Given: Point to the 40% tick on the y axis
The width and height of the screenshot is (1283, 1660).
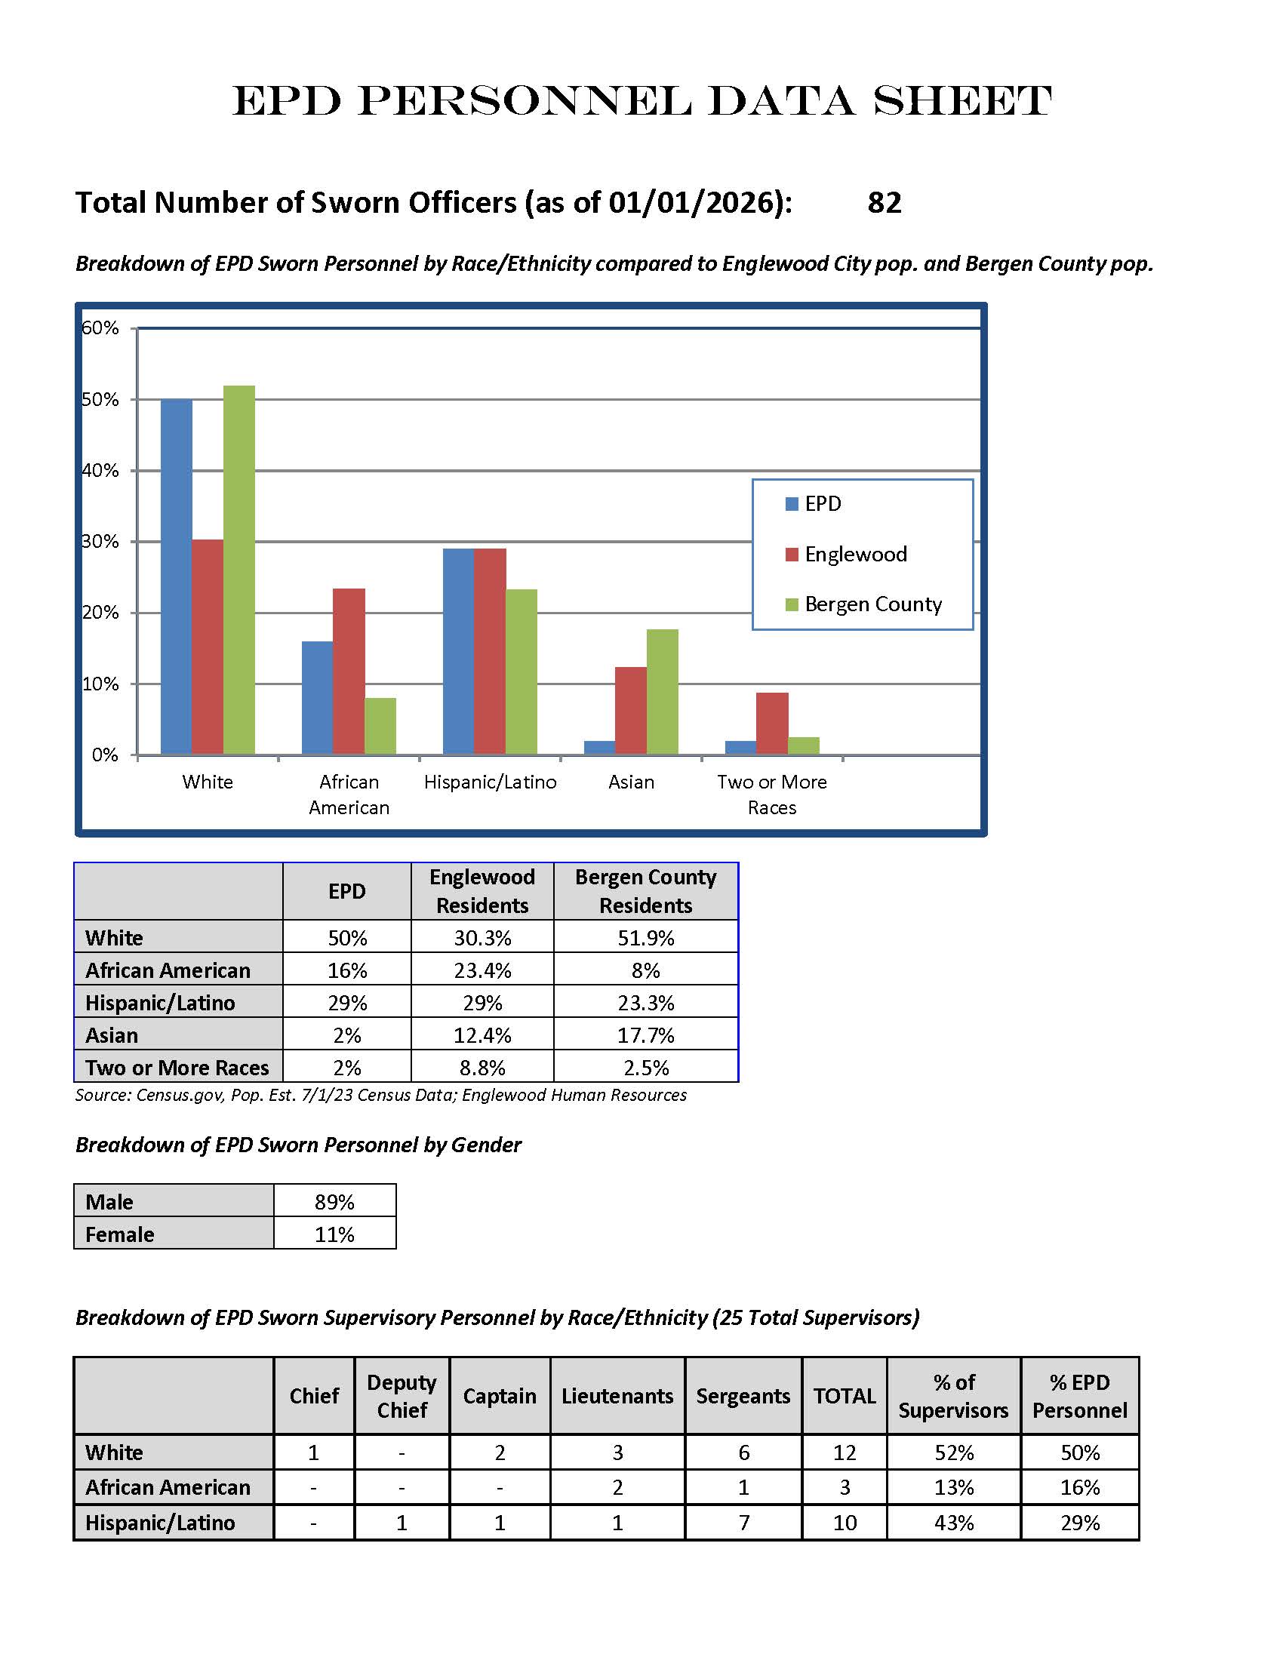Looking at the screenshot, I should coord(100,471).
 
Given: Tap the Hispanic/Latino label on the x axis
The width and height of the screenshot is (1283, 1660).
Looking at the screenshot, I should coord(491,782).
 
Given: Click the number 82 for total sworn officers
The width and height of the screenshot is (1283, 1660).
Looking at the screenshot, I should coord(885,203).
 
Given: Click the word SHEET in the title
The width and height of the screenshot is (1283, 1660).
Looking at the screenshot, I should coord(962,101).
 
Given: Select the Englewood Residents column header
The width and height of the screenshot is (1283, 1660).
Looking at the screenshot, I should coord(482,891).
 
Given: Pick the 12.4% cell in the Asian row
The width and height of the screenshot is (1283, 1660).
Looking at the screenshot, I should coord(482,1035).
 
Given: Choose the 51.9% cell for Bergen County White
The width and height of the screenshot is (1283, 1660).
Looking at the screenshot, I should coord(645,938).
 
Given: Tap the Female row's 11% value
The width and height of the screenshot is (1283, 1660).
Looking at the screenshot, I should coord(334,1234).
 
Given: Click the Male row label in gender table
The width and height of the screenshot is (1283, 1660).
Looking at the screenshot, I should coord(109,1202).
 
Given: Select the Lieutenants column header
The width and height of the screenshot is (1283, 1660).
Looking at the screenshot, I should coord(617,1395).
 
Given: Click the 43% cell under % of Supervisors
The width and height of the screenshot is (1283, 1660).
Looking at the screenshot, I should coord(953,1523).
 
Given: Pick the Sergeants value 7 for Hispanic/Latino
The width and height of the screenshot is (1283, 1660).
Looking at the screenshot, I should coord(743,1523).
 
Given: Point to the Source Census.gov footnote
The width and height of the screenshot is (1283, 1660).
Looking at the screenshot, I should coord(381,1095).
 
